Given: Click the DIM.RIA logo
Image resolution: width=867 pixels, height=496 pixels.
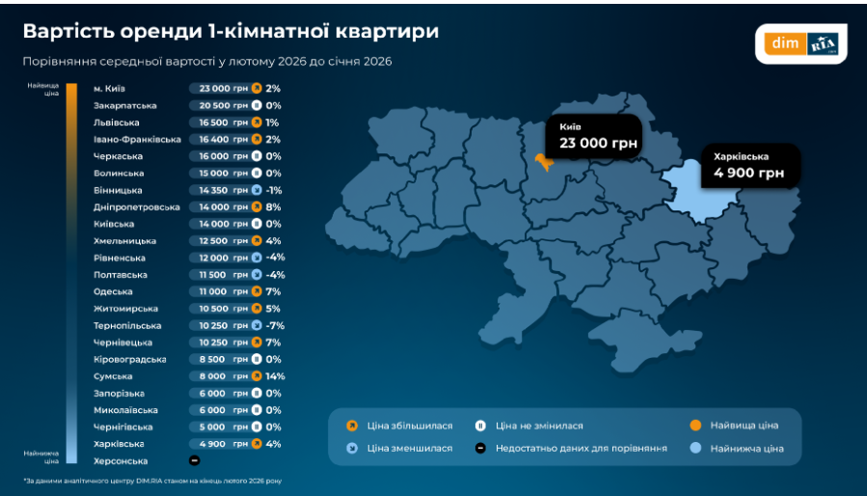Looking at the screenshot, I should point(800,43).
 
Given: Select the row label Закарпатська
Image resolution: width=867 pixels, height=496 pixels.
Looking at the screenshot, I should point(125,105).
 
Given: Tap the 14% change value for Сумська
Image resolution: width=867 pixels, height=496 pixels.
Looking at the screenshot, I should point(275,376).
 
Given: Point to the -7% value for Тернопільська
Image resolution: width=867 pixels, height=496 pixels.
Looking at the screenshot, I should point(275,325).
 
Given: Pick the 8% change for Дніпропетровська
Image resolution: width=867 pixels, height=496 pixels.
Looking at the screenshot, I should point(273,207).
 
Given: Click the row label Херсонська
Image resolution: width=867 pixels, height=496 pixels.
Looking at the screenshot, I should point(121,461).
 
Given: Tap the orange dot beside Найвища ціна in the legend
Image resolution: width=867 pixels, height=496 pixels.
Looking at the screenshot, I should point(695,425).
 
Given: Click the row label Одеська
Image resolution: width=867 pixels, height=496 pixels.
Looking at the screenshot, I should point(114,291).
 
